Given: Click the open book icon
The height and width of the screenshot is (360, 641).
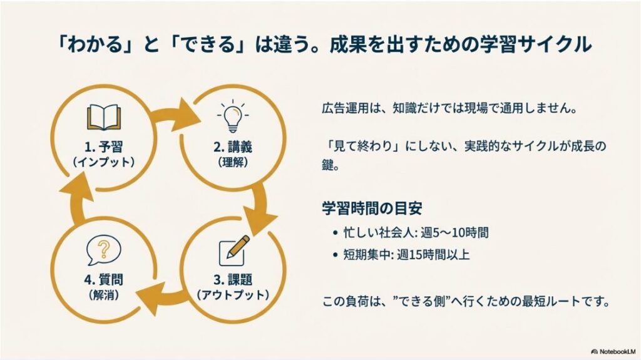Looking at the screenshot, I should [103, 118].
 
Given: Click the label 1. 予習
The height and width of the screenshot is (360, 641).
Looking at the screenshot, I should [104, 148].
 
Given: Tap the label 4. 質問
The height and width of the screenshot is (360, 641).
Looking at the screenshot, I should [104, 280].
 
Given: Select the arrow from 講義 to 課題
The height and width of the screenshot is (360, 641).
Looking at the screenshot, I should [262, 208].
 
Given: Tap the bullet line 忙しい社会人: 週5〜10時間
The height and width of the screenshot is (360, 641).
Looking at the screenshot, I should [416, 232].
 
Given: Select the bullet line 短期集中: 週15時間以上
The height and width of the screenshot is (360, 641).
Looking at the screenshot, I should [406, 254].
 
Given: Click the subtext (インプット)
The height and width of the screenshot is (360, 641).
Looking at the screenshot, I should [104, 162].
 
